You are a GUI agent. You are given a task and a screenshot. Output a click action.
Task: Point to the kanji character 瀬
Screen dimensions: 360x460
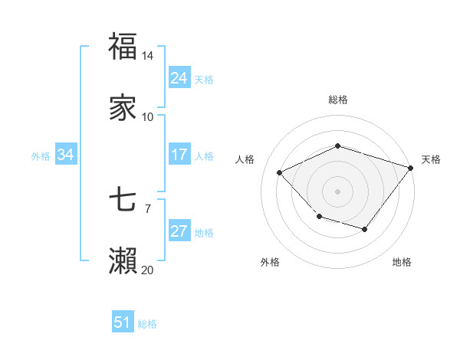(123, 261)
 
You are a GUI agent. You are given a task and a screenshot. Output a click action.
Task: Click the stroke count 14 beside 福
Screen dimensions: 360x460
(148, 56)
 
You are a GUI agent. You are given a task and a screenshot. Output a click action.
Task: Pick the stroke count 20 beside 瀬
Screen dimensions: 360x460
(148, 270)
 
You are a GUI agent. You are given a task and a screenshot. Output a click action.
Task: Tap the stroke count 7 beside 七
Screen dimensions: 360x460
(148, 208)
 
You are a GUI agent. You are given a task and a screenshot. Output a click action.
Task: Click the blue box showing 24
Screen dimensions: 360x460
(179, 78)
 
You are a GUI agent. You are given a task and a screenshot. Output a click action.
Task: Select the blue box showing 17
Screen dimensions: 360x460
(179, 155)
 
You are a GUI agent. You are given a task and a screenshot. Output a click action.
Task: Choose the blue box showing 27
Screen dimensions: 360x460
(179, 232)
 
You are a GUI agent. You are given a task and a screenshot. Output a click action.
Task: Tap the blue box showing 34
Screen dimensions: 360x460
(66, 155)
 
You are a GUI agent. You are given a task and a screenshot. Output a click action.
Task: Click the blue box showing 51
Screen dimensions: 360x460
(123, 322)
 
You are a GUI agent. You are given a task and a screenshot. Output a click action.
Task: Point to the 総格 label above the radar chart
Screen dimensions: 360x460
(337, 100)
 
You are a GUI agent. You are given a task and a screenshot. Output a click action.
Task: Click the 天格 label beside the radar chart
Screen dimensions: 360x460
(431, 159)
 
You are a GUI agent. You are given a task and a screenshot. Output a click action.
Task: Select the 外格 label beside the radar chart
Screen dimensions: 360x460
(270, 262)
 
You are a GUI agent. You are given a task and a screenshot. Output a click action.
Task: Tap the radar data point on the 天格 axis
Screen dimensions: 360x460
(411, 168)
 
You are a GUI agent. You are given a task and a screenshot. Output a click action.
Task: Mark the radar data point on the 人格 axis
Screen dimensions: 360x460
(281, 173)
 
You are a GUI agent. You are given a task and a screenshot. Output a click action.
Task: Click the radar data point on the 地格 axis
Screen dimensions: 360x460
(365, 229)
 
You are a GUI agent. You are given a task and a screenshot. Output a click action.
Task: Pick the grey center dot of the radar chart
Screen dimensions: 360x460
(337, 191)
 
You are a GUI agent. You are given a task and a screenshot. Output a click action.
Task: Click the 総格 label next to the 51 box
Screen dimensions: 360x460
(147, 324)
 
